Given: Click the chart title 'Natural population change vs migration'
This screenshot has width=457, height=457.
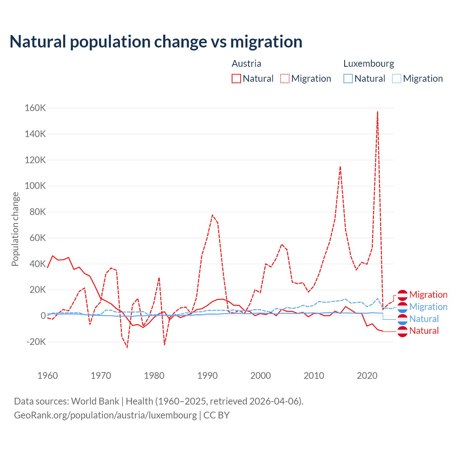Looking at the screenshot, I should point(156,42).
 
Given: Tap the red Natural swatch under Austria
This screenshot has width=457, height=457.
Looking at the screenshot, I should point(236,79).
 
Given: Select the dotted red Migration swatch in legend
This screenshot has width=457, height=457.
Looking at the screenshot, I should point(285,79).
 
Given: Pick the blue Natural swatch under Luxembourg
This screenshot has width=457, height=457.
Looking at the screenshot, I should point(348,79).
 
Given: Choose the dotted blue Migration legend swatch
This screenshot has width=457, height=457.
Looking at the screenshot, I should point(397,79).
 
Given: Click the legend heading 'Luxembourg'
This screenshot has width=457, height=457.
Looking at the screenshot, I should point(368,64).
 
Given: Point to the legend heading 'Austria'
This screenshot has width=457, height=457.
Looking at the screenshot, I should point(246,64).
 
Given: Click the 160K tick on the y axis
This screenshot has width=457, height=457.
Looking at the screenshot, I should point(35,108).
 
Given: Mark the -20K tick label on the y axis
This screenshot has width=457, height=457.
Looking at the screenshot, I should point(36,342).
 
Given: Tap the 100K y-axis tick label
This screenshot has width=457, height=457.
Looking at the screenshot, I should point(35,186).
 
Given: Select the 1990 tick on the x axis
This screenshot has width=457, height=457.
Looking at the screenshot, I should point(207,376).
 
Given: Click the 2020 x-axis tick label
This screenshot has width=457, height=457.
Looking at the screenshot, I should point(367,376).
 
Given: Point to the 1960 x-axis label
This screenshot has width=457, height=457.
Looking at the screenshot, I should point(47,376).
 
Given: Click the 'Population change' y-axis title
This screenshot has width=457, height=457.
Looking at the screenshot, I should point(15,229).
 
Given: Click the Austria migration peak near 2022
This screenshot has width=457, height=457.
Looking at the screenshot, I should point(377,112).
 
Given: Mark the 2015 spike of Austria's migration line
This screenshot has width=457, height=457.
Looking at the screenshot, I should point(340,166).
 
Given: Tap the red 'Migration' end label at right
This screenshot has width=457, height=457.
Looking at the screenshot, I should point(428,295).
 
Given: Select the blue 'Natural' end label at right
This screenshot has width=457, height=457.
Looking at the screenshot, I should point(424,319).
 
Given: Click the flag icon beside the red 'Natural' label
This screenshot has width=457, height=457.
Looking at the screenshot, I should point(402,331).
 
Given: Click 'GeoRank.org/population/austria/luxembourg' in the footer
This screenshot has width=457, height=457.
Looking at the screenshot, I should point(105,415).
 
